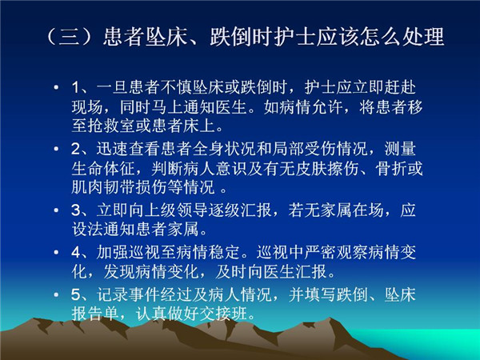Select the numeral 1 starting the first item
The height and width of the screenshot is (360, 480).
tap(75, 87)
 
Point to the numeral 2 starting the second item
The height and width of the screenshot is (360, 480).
tap(76, 149)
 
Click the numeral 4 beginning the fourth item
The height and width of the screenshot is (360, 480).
tap(76, 252)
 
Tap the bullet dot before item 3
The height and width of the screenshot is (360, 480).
tap(56, 210)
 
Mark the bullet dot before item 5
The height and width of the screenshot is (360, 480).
tap(56, 294)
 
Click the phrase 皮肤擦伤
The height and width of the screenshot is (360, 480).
tap(327, 168)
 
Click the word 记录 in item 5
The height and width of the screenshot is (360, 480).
tap(112, 294)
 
